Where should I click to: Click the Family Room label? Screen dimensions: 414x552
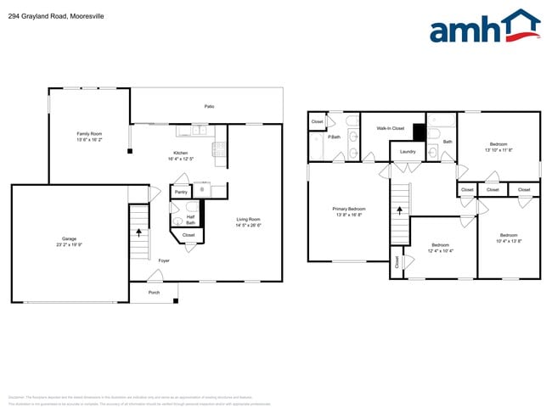coord(89,133)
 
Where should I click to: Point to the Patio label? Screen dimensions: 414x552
coord(209,106)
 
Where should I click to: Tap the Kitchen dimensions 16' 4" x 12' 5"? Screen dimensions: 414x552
coord(181,159)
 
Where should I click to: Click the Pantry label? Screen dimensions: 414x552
coord(181,193)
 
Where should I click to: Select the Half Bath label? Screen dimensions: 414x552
coord(190,219)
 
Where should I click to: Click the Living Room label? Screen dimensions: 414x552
coord(248,220)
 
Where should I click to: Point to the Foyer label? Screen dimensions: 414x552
coord(163,260)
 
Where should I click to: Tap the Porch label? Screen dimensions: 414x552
coord(154,292)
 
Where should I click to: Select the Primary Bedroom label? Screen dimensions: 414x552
coord(349,208)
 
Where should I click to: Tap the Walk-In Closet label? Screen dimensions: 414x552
coord(390,128)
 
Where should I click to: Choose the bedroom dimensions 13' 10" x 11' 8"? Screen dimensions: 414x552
coord(498,150)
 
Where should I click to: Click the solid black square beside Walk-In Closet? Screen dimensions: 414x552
coord(418,131)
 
